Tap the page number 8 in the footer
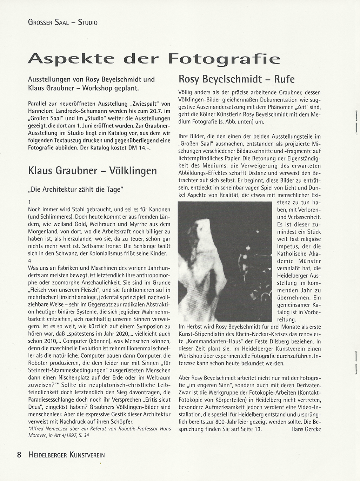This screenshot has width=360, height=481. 19,455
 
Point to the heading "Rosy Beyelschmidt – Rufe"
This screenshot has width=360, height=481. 236,79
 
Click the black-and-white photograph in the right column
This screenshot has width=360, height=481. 225,261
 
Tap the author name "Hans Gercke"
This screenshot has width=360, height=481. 306,429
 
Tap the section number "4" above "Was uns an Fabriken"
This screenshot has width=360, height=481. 30,261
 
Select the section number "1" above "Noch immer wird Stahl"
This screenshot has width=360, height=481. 30,202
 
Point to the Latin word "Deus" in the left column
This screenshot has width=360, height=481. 36,407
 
